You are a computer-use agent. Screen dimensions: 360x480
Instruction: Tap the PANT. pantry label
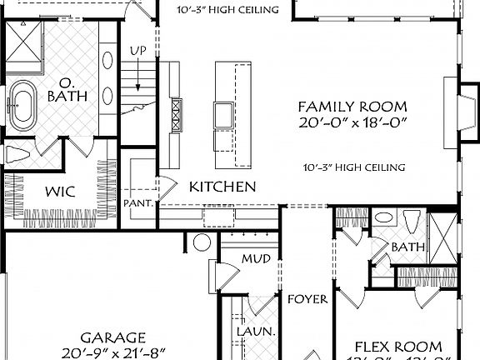click(137, 202)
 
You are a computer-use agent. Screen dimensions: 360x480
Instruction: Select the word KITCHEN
click(222, 186)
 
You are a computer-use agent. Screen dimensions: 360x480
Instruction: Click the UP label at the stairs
click(138, 51)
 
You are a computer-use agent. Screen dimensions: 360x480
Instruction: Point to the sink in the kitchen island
click(223, 113)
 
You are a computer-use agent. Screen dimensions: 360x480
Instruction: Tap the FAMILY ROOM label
click(352, 107)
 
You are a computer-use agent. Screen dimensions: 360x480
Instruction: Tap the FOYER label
click(307, 298)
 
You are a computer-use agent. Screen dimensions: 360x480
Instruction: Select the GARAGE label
click(113, 337)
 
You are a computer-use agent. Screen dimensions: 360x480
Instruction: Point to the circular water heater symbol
click(202, 243)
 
